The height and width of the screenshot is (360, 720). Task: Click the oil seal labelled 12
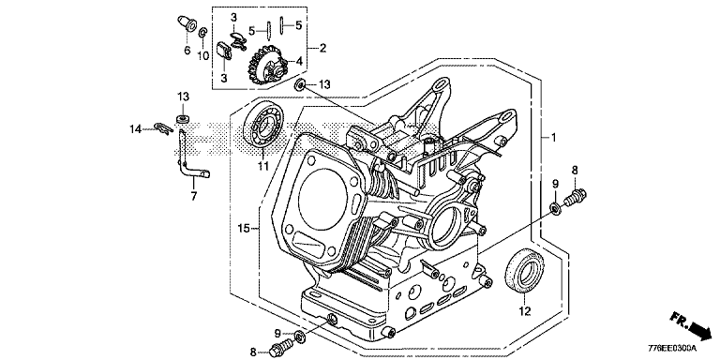point(524,271)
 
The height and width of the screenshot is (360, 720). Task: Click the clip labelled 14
point(161,128)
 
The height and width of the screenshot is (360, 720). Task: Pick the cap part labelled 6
point(186,24)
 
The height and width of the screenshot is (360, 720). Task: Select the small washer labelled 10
point(202,34)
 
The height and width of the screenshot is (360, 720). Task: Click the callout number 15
point(245,227)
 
